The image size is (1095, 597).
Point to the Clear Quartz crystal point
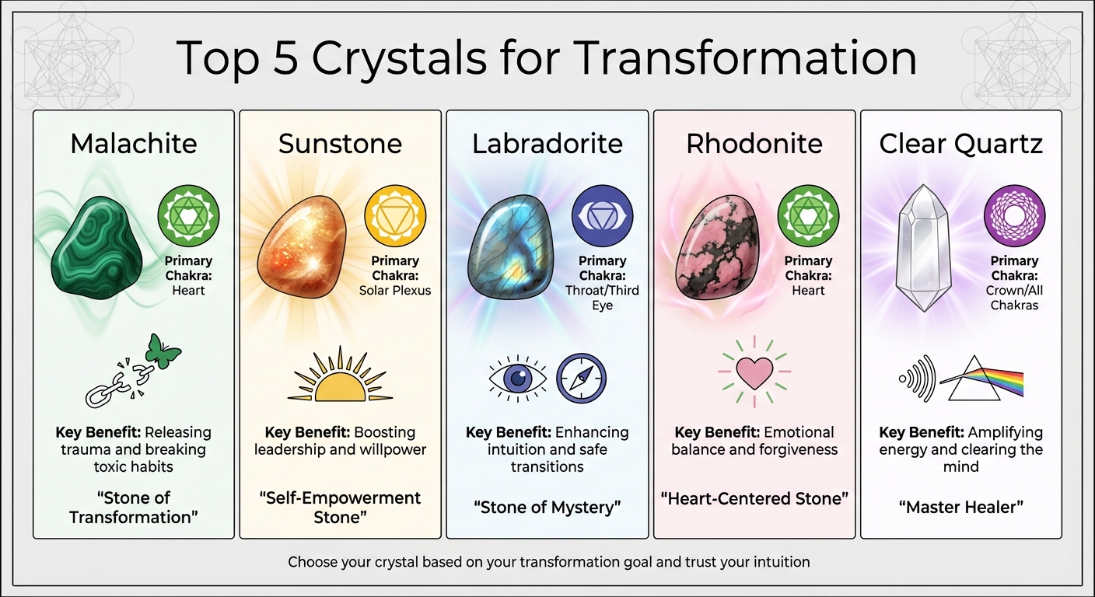(923, 247)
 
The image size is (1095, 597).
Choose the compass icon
(582, 379)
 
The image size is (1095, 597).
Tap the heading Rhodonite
(754, 144)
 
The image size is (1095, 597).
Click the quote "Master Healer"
(961, 508)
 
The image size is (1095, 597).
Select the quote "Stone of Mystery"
(547, 508)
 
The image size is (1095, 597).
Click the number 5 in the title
(286, 58)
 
